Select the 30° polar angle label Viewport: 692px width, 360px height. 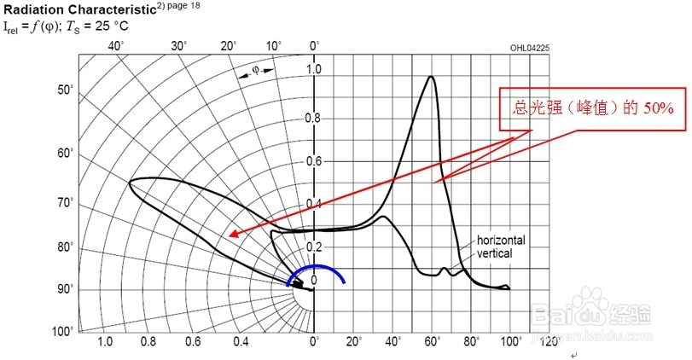pyautogui.click(x=178, y=45)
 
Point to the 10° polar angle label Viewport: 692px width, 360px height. pyautogui.click(x=274, y=45)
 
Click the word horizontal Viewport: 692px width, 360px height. pyautogui.click(x=500, y=240)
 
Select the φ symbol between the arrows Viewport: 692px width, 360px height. pyautogui.click(x=254, y=71)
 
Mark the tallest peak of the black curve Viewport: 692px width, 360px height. pyautogui.click(x=431, y=78)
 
